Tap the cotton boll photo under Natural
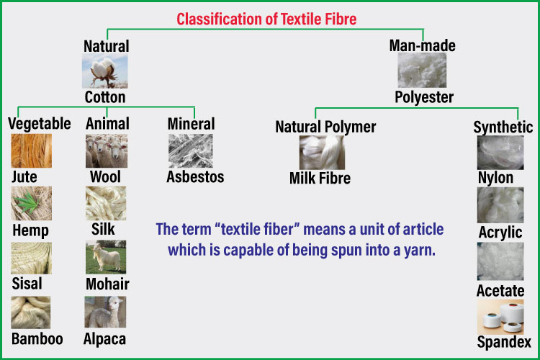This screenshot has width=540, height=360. pyautogui.click(x=105, y=72)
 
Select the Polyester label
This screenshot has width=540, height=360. pyautogui.click(x=424, y=96)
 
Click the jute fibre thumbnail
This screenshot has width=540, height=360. pyautogui.click(x=31, y=151)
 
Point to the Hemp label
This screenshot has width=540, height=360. pyautogui.click(x=30, y=230)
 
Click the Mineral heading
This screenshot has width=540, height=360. pyautogui.click(x=191, y=123)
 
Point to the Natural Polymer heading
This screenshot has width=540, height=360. pyautogui.click(x=325, y=127)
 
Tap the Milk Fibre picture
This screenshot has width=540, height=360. pyautogui.click(x=321, y=153)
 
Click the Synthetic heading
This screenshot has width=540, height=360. pyautogui.click(x=503, y=127)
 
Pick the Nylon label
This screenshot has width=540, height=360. pyautogui.click(x=495, y=177)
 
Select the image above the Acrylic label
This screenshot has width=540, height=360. pyautogui.click(x=500, y=205)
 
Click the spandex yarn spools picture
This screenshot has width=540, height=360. pyautogui.click(x=500, y=317)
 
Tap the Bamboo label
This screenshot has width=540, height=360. pyautogui.click(x=37, y=338)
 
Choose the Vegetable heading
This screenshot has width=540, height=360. pyautogui.click(x=39, y=123)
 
